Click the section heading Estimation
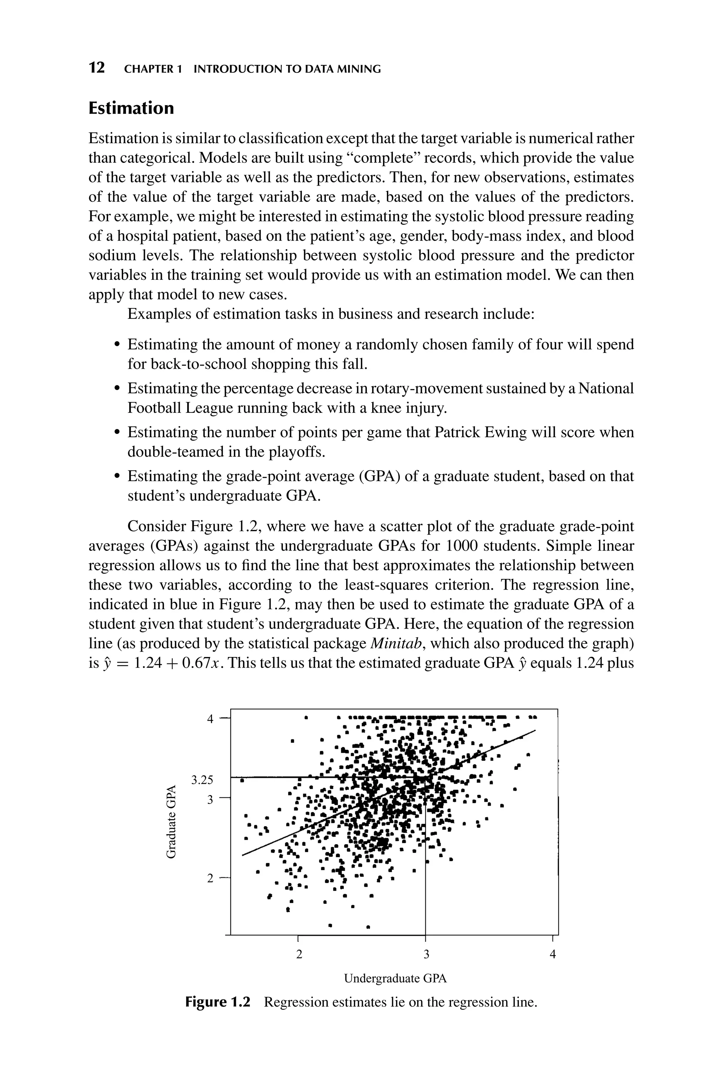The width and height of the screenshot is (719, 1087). pyautogui.click(x=131, y=108)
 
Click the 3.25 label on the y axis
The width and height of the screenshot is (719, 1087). pyautogui.click(x=202, y=779)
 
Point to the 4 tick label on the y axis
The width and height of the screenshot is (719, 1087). pyautogui.click(x=210, y=719)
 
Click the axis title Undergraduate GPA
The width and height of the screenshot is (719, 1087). pyautogui.click(x=395, y=979)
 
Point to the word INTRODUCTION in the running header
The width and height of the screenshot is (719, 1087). pyautogui.click(x=233, y=69)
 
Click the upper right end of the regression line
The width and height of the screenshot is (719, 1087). pyautogui.click(x=535, y=730)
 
